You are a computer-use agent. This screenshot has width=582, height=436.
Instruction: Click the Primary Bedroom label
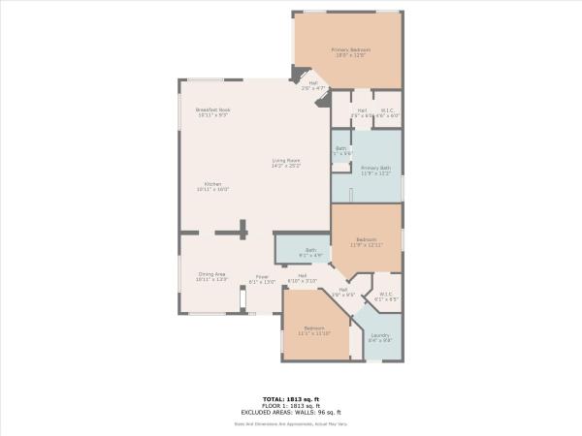coord(350,49)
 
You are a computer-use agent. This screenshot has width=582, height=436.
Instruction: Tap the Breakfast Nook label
coord(212,110)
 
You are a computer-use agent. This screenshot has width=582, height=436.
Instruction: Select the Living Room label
coord(285,160)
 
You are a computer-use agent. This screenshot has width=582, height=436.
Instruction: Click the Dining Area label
coord(212,274)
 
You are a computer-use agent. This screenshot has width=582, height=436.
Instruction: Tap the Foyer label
coord(262,277)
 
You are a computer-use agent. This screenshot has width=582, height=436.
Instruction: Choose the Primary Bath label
coord(374,168)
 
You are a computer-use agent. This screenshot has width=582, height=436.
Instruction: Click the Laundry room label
coord(379,335)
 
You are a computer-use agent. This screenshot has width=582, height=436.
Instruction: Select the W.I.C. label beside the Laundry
coord(385,294)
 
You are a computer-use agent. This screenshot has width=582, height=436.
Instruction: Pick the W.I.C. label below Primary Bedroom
coord(386,110)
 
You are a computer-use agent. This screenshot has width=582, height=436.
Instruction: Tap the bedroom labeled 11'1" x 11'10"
coord(314,327)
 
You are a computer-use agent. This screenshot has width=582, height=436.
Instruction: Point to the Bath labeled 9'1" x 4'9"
coord(310,250)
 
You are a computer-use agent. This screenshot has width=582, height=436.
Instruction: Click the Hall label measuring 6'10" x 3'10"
coord(303,275)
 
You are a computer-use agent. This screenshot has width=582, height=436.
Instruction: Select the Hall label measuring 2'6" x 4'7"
coord(313,83)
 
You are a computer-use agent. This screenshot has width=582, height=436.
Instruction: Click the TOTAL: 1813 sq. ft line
coord(291,398)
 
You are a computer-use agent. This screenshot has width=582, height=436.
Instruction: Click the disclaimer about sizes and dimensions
coord(291,422)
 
